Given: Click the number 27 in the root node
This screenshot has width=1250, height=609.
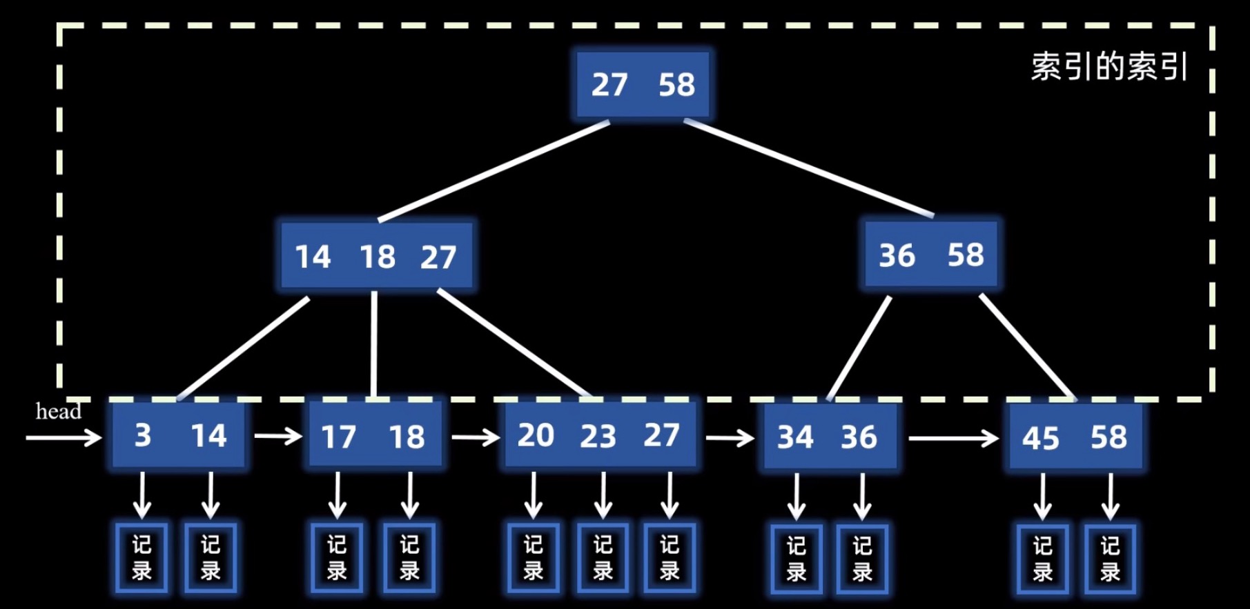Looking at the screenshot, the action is coord(609,85).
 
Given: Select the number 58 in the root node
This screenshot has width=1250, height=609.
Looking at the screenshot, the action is coord(676,85).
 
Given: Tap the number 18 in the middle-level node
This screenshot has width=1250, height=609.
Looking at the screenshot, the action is coord(378,257).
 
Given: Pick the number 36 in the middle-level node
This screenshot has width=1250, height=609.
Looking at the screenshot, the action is coord(897,255).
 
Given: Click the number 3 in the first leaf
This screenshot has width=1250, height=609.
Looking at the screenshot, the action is coord(143,435).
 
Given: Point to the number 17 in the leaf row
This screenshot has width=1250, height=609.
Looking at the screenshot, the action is coord(338,437).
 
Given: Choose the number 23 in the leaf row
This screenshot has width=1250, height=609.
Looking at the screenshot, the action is coord(598,436).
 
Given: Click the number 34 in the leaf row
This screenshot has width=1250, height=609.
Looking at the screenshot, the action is coord(795,437).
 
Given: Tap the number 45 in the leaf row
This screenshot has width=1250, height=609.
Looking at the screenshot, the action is coord(1040,438).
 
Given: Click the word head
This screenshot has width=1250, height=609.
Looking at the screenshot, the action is coord(59,412).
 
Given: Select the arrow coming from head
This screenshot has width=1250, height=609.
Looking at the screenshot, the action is coord(64,437).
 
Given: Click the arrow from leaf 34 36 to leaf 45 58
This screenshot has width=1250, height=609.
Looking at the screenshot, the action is coord(953,438).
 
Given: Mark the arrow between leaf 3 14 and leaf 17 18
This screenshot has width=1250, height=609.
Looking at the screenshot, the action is coord(278,436).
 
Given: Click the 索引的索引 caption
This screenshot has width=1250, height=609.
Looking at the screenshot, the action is coord(1109,67).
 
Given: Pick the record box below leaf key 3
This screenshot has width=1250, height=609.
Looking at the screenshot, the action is coord(141,558).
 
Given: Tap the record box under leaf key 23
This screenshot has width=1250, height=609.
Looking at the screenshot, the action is coord(603,558).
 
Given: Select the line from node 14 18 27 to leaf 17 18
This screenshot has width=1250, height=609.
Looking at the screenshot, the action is coord(374,345).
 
